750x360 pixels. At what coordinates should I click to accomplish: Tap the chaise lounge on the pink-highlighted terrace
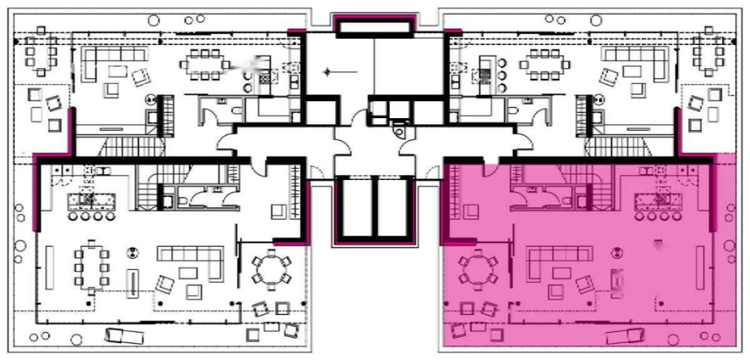pyautogui.click(x=625, y=336)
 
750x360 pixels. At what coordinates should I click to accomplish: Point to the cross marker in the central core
pyautogui.click(x=326, y=72)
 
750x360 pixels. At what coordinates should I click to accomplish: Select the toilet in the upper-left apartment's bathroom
pyautogui.click(x=236, y=111)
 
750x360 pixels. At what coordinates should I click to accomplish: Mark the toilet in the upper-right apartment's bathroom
pyautogui.click(x=512, y=111)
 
